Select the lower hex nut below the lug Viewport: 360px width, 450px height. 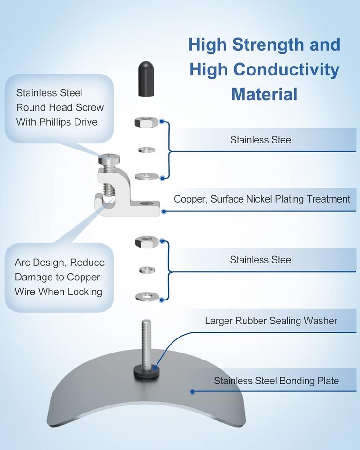tap(143, 242)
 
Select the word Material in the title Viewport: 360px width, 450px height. tap(264, 94)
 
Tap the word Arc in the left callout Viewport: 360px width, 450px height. tap(23, 262)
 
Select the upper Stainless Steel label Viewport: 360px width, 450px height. tap(261, 140)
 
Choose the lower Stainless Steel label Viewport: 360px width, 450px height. tap(261, 260)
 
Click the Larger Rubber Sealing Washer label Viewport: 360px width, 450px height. tap(271, 321)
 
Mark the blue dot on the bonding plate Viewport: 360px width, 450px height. tap(192, 390)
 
